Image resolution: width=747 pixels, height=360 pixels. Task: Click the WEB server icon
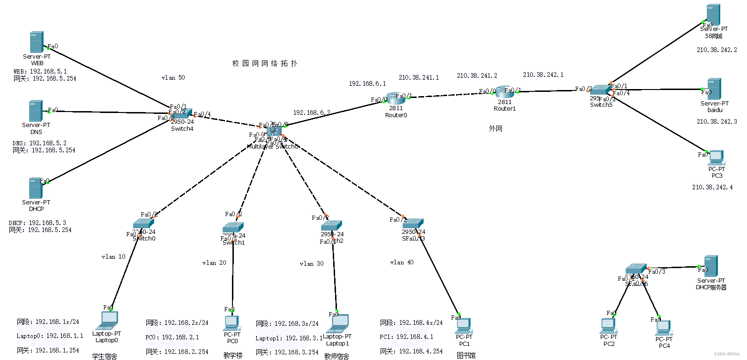coord(37,42)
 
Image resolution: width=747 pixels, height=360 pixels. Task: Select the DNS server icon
coord(36,111)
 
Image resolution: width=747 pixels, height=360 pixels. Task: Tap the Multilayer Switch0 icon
coord(274,132)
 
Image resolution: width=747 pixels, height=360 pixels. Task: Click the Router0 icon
coord(396,98)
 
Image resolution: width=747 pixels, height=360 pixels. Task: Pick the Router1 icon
coord(504,92)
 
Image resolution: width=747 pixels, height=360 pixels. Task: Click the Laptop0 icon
coord(107,321)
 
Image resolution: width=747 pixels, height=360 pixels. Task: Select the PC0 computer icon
coord(232,322)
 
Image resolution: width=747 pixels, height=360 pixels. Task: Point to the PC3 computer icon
coord(716,157)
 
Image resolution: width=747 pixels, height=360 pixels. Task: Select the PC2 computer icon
coord(608,325)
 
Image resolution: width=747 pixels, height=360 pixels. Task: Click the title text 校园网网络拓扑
coord(265,63)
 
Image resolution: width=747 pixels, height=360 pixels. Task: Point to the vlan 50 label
coord(173,78)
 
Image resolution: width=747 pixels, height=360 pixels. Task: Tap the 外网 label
coord(495,128)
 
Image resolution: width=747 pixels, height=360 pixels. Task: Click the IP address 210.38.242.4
coord(712,187)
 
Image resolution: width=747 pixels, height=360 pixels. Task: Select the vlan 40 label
coord(402,262)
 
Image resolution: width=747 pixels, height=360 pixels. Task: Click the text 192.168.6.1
coord(367,84)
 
